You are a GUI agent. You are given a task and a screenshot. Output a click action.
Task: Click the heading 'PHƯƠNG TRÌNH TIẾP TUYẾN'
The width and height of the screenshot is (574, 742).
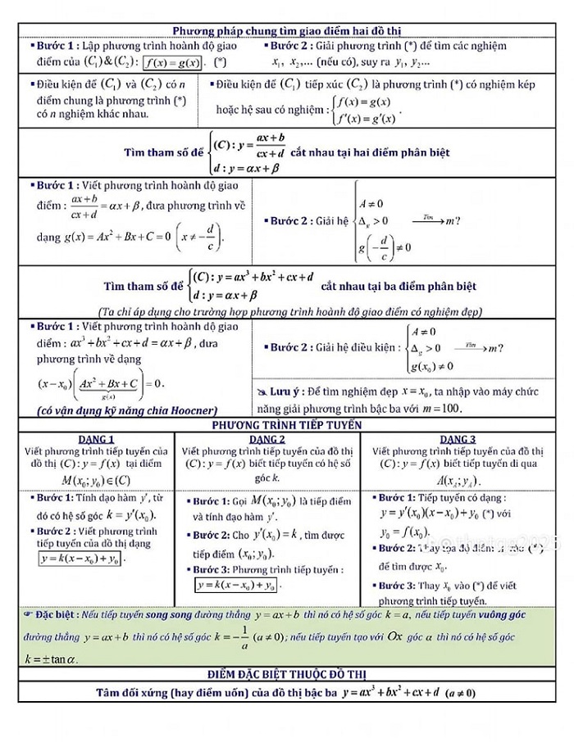(x=287, y=426)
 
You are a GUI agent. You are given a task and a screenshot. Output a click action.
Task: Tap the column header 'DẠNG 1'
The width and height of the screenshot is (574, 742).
(x=95, y=439)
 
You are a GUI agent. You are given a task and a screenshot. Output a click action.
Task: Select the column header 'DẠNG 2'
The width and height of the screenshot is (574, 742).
(x=266, y=439)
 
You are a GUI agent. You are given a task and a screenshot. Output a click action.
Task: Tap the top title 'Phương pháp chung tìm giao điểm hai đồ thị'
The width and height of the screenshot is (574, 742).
(x=287, y=31)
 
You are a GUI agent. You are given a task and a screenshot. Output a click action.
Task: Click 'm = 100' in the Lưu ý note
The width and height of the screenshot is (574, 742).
(x=442, y=407)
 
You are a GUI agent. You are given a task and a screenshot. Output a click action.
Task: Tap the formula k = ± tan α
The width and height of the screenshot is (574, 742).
(x=50, y=658)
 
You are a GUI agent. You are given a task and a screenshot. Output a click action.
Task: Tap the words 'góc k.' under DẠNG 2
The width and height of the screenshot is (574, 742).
(x=267, y=477)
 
